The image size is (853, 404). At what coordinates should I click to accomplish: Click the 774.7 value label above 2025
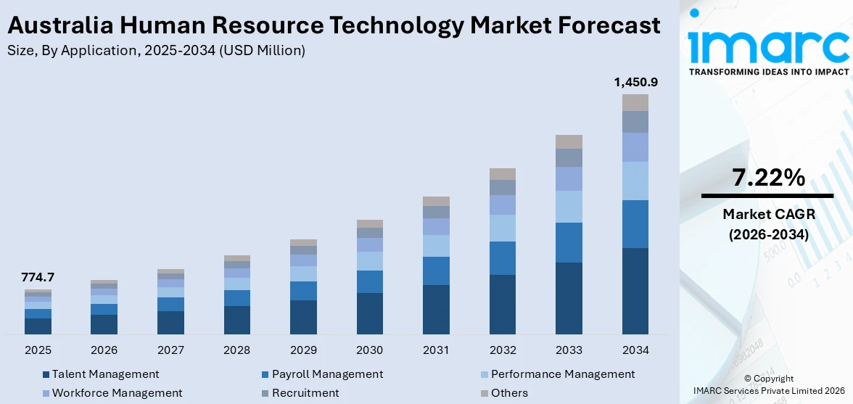[38, 277]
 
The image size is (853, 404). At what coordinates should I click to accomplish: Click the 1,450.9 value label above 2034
[635, 82]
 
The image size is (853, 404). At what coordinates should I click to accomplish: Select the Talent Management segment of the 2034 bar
[635, 290]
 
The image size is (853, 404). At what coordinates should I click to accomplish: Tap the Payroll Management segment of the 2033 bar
[569, 242]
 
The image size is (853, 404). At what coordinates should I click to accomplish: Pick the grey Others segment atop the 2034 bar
[635, 102]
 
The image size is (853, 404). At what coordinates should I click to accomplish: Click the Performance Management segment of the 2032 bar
[503, 228]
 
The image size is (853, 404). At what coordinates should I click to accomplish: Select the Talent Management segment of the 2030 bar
[369, 313]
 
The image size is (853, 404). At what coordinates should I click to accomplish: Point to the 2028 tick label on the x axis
[237, 350]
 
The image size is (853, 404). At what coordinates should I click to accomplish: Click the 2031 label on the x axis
[436, 350]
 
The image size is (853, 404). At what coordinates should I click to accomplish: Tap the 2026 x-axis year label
[104, 350]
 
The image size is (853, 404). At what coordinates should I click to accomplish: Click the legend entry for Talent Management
[105, 374]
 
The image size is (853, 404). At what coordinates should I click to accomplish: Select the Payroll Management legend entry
[327, 374]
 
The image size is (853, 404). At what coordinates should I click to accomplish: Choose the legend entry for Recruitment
[305, 393]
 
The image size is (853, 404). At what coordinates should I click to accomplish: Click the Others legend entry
[509, 393]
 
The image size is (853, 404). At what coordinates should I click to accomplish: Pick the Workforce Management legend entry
[117, 393]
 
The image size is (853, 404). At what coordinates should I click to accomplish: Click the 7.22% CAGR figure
[767, 177]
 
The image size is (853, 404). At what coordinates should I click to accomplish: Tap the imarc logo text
[768, 46]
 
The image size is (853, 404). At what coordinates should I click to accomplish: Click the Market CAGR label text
[767, 214]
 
